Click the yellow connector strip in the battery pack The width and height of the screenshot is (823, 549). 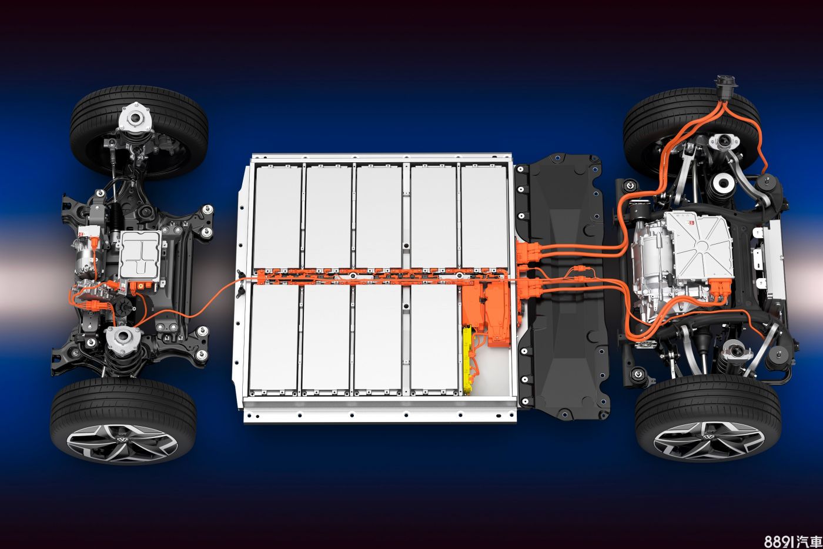click(x=467, y=361)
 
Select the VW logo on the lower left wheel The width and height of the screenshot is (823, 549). click(x=122, y=440)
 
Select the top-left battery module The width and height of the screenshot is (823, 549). click(x=277, y=217)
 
